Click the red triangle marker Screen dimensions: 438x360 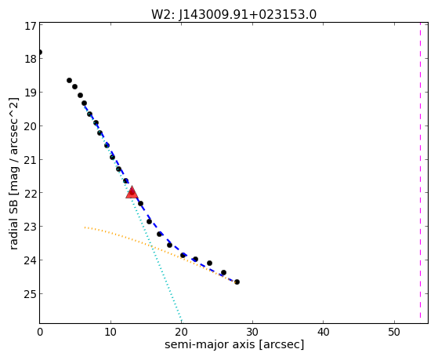pos(132,192)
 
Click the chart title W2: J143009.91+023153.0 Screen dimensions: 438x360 pos(233,15)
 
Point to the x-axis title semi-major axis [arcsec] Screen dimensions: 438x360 pos(234,344)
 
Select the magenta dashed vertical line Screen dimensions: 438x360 pos(420,173)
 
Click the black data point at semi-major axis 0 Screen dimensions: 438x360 pos(40,52)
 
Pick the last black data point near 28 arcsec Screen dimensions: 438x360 pos(237,282)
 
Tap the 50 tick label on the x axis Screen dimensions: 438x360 pos(394,332)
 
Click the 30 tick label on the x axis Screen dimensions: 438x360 pos(252,332)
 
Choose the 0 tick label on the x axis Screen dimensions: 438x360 pos(40,332)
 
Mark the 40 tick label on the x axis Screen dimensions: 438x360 pos(324,332)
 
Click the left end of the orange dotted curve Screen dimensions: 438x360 pos(85,227)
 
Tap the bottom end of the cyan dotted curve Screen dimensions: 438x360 pos(181,321)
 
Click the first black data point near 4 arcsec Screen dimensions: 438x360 pos(69,80)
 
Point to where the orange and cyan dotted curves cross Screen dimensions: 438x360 pos(152,246)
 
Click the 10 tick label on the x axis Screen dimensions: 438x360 pos(110,332)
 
